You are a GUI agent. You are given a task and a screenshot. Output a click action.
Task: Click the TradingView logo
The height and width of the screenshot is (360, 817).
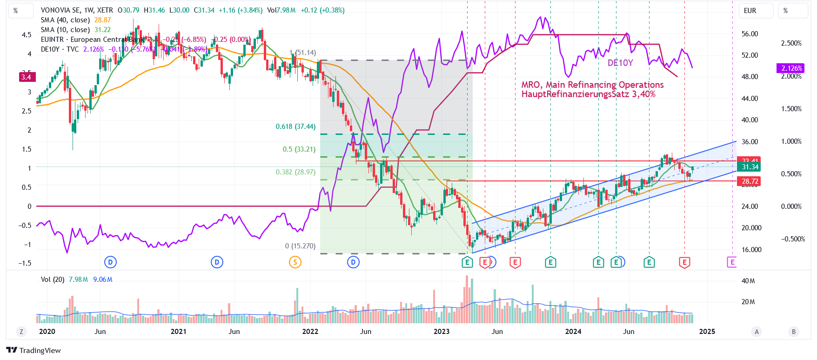point(33,350)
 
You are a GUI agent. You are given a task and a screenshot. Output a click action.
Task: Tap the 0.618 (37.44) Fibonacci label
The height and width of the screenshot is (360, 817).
point(295,127)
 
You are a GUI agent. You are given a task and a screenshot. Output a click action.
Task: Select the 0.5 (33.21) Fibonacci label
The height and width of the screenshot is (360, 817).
point(299,149)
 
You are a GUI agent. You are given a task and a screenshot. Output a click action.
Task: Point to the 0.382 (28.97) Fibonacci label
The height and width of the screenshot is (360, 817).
point(295,172)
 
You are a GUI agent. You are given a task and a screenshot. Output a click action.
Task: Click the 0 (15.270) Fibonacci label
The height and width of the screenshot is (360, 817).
point(300,246)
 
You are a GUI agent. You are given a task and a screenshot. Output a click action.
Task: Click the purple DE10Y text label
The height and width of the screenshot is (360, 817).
point(620,63)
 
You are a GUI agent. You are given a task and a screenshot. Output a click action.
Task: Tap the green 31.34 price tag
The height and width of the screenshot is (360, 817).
point(750,167)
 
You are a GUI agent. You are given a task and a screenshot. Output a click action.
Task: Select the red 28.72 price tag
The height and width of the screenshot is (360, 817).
point(750,181)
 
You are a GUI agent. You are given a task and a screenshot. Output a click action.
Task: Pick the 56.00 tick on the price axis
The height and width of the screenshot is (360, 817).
point(750,34)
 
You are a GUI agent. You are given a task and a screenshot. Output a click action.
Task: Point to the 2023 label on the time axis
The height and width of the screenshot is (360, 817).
point(442,332)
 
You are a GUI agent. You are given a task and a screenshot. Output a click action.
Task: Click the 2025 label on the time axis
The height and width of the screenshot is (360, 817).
point(707,332)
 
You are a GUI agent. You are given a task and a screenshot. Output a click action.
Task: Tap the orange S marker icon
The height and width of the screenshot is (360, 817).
point(295,262)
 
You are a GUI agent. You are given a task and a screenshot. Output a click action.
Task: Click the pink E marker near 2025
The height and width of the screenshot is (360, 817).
point(732,262)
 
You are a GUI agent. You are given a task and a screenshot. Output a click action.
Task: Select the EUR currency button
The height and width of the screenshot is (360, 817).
point(750,11)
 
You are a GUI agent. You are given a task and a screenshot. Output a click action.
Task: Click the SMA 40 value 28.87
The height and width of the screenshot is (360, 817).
point(102,20)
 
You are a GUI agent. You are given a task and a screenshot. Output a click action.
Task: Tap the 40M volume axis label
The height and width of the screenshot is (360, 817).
point(748,281)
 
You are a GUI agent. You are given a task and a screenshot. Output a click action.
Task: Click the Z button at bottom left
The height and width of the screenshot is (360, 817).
point(21,332)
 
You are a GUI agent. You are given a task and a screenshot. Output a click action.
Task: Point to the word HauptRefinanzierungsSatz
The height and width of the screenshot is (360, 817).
point(576,94)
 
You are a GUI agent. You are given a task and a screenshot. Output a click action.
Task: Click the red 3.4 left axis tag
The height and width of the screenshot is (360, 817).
point(27,77)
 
